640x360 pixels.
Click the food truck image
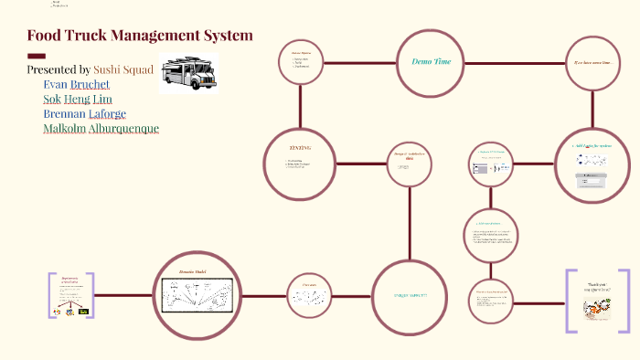coord(188,73)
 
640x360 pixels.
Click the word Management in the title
coord(149,36)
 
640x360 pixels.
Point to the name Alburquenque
coord(123,129)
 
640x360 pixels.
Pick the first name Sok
coord(51,99)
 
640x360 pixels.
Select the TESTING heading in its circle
coord(300,148)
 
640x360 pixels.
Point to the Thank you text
coord(597,286)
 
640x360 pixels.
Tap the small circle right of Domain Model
coord(309,295)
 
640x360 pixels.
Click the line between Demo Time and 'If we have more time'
coord(513,63)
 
